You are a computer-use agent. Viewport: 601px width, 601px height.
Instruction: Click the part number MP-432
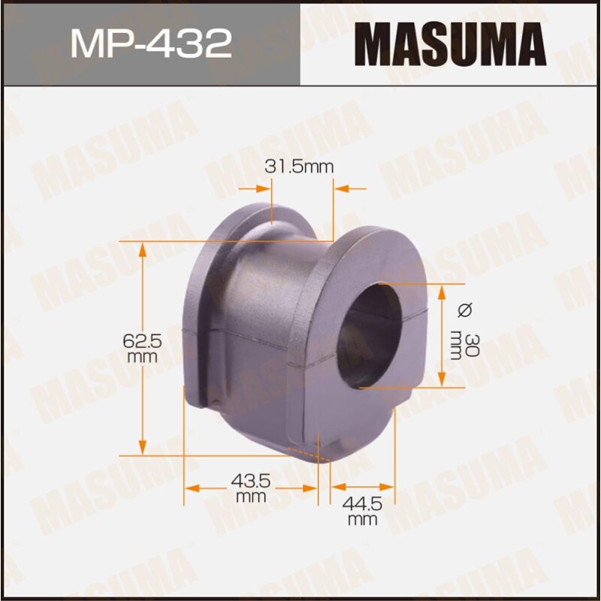click(x=150, y=44)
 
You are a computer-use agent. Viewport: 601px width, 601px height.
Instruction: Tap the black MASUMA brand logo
click(x=450, y=44)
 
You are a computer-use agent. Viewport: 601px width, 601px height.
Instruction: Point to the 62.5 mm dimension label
click(x=142, y=349)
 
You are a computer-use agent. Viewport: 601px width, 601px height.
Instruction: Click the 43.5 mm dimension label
click(x=250, y=488)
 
